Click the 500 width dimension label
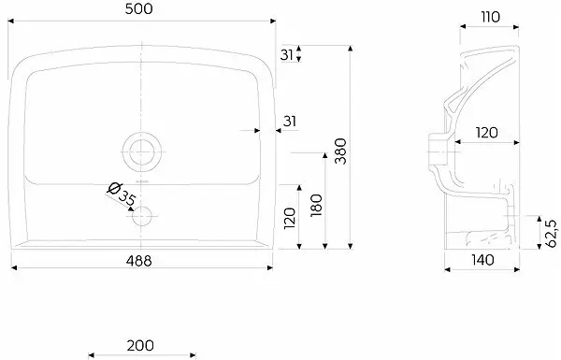(x=138, y=9)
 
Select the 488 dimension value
(x=138, y=261)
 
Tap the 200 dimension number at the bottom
(x=140, y=345)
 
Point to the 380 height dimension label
(x=340, y=151)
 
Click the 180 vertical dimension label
(x=316, y=205)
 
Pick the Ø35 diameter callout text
(x=122, y=194)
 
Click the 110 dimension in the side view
(x=491, y=17)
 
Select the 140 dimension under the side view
(x=482, y=260)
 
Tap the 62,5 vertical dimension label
(x=551, y=234)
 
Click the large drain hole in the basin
(x=142, y=152)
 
